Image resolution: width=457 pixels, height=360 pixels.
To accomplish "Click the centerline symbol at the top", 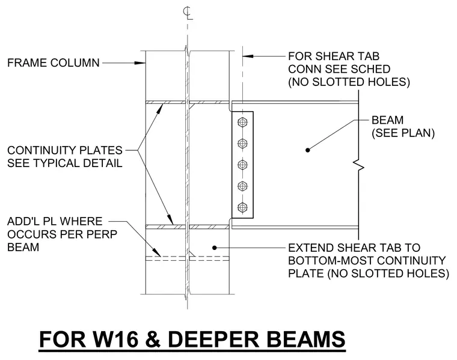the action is coord(188,13).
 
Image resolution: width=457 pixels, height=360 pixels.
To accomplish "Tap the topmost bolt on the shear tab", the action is coord(242,122).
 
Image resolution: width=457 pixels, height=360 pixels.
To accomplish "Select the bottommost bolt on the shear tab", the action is coord(242,208).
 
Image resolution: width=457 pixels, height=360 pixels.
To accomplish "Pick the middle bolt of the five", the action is coord(242,165).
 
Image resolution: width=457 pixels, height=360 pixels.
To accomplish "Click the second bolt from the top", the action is coord(242,143).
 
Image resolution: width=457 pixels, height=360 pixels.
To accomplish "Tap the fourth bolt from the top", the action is coord(242,186).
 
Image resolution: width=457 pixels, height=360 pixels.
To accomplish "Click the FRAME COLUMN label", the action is coord(54,63).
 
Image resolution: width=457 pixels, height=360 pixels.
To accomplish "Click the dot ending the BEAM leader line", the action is coord(307,150).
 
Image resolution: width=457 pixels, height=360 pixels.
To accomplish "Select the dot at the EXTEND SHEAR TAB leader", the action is coord(215,248).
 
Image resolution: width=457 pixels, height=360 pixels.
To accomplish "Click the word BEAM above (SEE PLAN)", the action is coord(388,120).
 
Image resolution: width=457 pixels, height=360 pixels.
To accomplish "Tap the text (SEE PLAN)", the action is coord(403,133).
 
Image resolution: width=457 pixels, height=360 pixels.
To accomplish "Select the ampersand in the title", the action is coord(152,339).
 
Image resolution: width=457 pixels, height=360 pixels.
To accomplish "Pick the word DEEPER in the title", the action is coord(213,339).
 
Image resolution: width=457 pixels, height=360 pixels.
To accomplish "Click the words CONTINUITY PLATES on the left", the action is coord(65,151).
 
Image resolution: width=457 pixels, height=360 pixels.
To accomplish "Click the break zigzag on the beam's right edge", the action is coord(359,165).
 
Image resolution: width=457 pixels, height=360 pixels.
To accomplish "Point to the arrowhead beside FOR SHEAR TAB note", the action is coord(248,56).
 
